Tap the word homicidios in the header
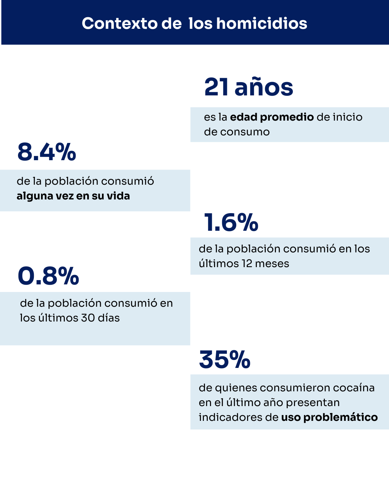tap(262, 24)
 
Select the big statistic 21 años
tap(249, 87)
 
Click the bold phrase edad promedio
tap(272, 117)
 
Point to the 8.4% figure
tap(47, 152)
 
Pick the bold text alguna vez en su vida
tap(73, 196)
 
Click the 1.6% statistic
tap(231, 222)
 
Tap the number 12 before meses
tap(247, 264)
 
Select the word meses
tap(272, 264)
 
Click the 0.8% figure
tap(48, 276)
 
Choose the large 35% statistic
tap(225, 360)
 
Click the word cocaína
tap(354, 388)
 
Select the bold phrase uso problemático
tap(329, 417)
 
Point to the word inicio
tap(347, 117)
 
